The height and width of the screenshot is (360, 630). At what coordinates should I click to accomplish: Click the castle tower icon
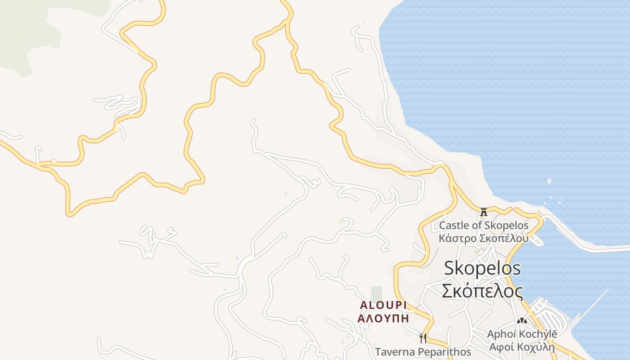click(484, 211)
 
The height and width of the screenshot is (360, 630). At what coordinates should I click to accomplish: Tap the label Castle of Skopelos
click(484, 225)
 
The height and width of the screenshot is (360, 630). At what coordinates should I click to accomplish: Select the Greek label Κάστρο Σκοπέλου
click(484, 238)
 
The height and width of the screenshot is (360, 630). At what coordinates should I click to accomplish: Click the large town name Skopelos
click(482, 268)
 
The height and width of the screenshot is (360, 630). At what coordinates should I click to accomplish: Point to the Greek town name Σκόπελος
click(482, 291)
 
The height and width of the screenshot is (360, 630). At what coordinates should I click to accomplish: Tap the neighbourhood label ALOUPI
click(383, 305)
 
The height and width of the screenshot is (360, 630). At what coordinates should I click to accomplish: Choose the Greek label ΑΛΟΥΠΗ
click(383, 318)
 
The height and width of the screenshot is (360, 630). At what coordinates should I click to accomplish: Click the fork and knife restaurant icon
click(423, 338)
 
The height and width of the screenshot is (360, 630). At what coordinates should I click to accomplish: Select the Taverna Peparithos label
click(423, 351)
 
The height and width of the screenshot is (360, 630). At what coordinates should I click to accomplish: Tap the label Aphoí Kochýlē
click(522, 334)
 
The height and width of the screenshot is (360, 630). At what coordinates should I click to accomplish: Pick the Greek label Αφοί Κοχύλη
click(522, 347)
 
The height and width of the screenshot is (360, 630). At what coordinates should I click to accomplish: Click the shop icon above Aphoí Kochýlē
click(522, 321)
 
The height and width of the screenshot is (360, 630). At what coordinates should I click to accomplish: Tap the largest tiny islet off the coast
click(549, 181)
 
